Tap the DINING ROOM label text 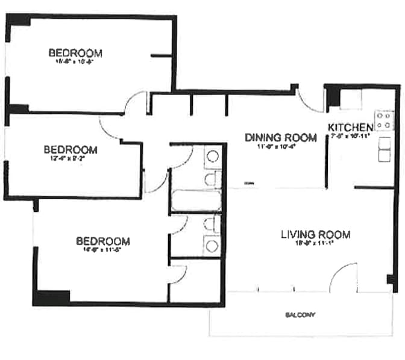pos(280,138)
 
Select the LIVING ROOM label pos(315,234)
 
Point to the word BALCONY pos(300,315)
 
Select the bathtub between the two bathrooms pos(196,200)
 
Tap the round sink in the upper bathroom pos(212,158)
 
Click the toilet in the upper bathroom pos(210,179)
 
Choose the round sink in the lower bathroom pos(212,245)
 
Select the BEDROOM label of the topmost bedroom pos(75,53)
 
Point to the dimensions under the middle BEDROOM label pos(71,159)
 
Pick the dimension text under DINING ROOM pos(280,147)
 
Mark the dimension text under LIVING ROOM pos(315,244)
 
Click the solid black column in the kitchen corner pos(333,96)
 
